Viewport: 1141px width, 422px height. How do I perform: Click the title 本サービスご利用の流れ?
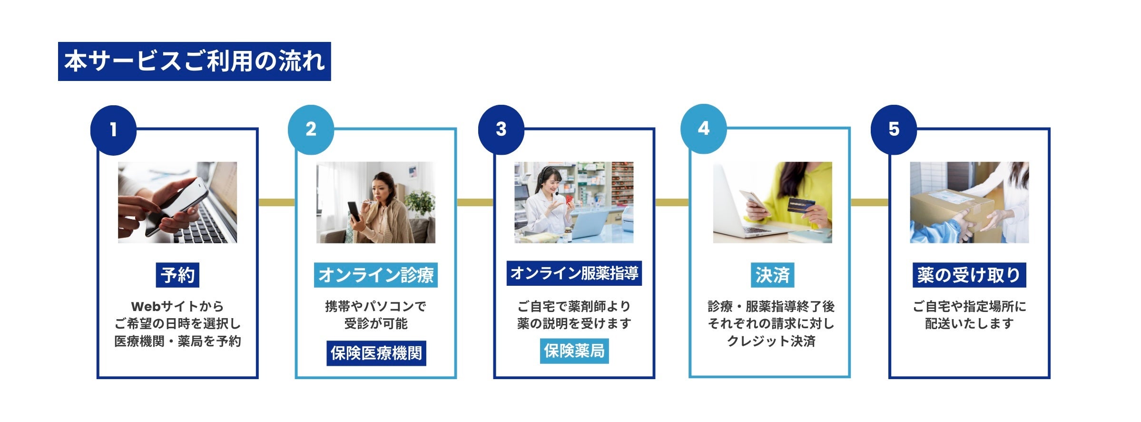pyautogui.click(x=194, y=61)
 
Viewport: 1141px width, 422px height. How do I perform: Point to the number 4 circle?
pyautogui.click(x=703, y=129)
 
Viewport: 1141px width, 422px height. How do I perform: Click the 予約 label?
pyautogui.click(x=177, y=275)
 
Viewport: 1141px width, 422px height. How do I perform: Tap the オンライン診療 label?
pyautogui.click(x=375, y=275)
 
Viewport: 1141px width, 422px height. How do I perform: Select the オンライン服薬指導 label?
pyautogui.click(x=574, y=273)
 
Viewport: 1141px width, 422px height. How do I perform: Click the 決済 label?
pyautogui.click(x=772, y=275)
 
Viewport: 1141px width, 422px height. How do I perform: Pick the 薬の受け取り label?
pyautogui.click(x=969, y=275)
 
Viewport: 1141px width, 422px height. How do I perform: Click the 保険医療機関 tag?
pyautogui.click(x=376, y=353)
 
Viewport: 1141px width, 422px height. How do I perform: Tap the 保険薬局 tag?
pyautogui.click(x=574, y=351)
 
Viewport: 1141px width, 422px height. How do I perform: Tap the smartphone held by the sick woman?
pyautogui.click(x=354, y=211)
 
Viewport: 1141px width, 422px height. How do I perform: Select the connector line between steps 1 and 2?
pyautogui.click(x=276, y=202)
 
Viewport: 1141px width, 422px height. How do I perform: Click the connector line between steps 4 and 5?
pyautogui.click(x=869, y=202)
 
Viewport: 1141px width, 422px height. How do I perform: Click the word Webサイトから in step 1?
pyautogui.click(x=177, y=306)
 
